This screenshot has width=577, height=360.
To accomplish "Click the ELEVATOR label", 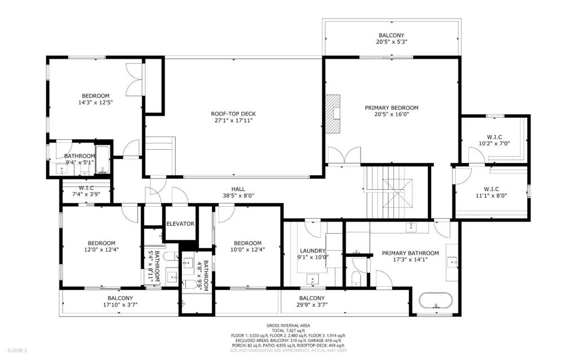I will tap(180, 224).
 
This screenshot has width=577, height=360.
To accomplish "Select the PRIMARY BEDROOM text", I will tap(392, 108).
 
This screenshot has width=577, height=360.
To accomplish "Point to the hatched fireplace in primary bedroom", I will tap(333, 113).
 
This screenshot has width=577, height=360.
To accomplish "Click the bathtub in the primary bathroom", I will tap(436, 301).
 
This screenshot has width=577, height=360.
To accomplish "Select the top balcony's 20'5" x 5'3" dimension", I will tap(392, 42).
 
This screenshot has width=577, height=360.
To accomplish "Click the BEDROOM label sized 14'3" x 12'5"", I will tap(95, 96).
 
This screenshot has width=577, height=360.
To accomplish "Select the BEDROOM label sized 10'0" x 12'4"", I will tap(248, 243).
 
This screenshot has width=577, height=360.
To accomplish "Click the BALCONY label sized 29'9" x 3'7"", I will tap(312, 298).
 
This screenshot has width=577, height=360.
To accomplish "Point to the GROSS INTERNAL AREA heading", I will tap(288, 326).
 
